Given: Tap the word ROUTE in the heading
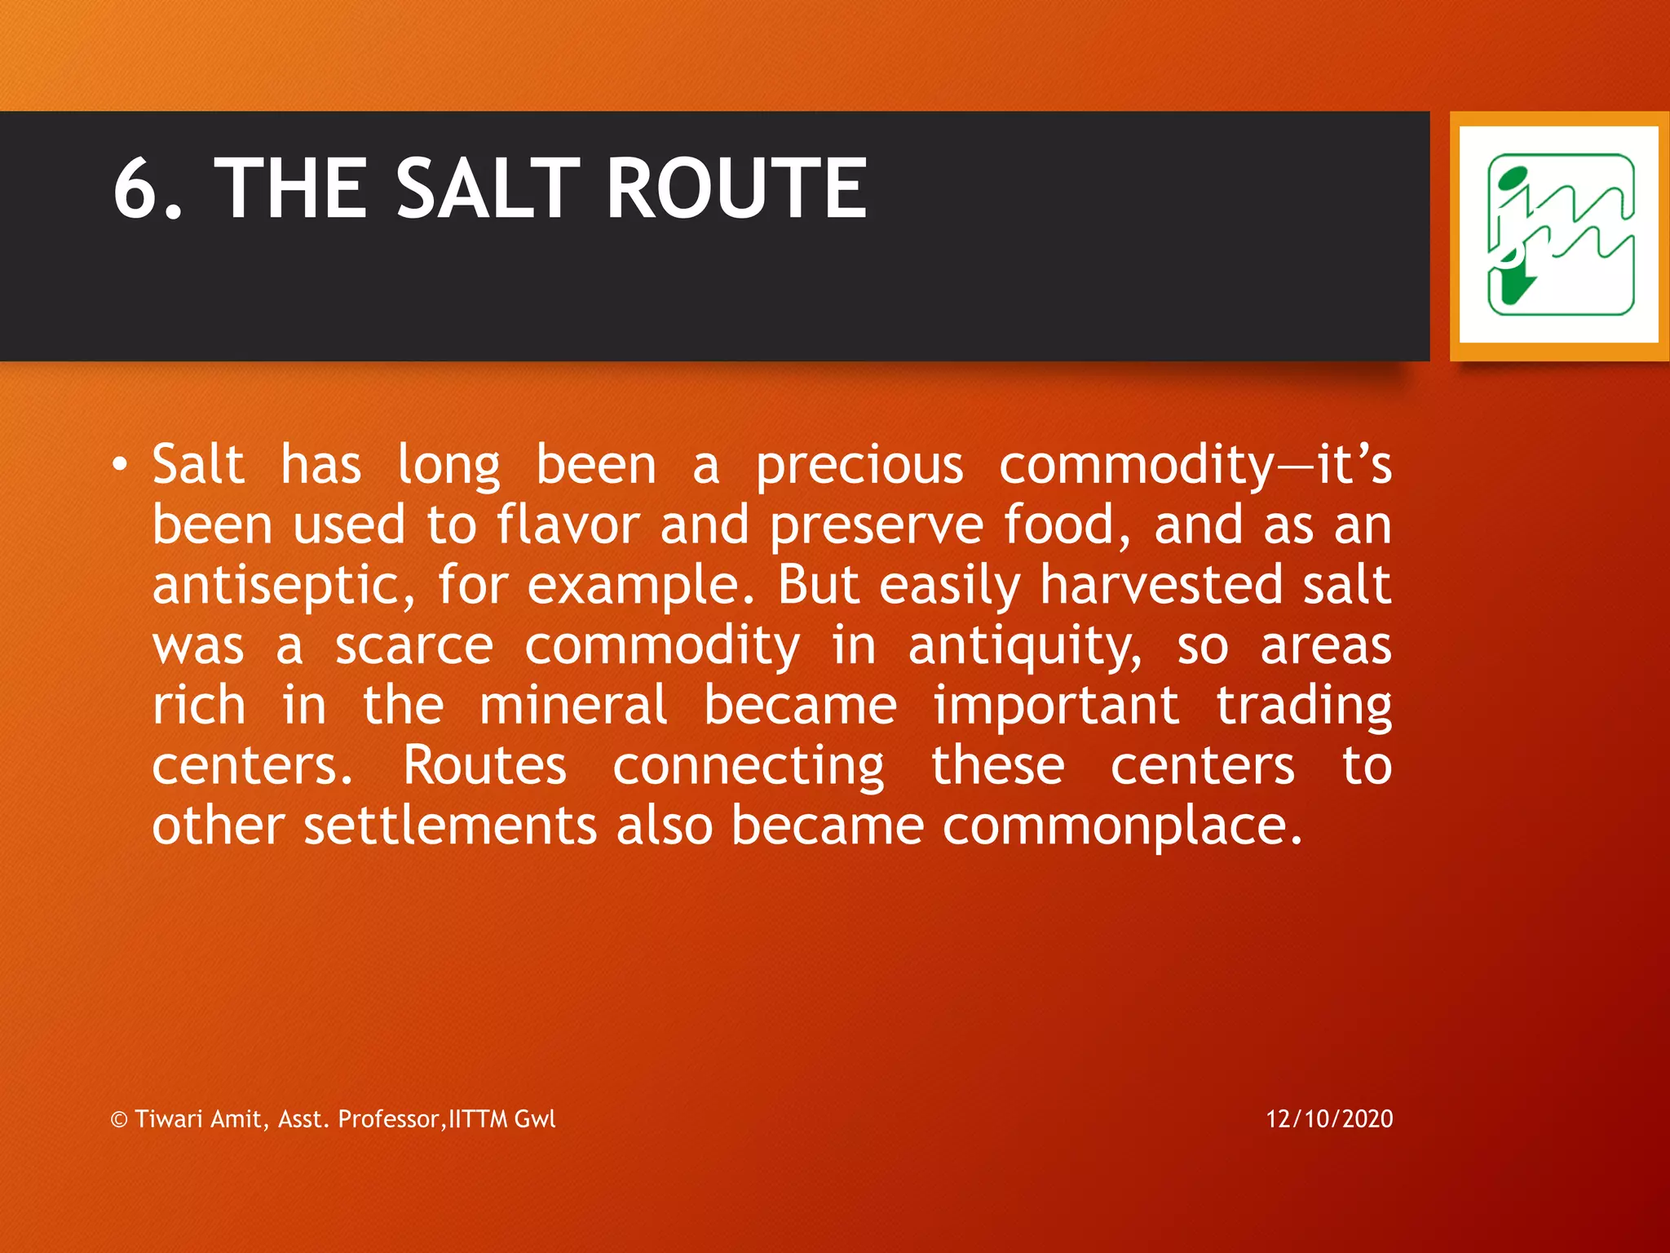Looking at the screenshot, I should point(736,189).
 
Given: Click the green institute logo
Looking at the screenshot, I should point(1558,235).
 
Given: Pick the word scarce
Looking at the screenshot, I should point(414,646).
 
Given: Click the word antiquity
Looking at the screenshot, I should point(1025,648).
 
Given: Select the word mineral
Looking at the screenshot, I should point(573,706).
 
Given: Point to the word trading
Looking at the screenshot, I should point(1303,707).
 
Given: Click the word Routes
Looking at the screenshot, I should point(484,766).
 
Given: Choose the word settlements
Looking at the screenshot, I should point(450,826).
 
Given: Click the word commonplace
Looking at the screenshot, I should point(1122,827).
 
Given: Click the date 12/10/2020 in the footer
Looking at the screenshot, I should point(1329,1119).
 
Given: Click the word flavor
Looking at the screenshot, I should point(568,525).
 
